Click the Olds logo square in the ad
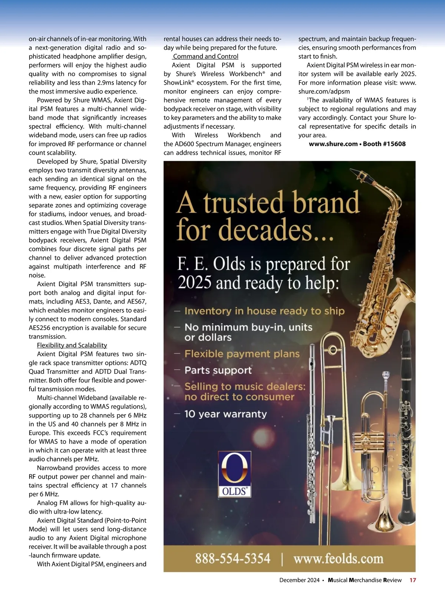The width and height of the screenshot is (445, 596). point(234,474)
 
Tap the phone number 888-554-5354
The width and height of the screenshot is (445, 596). point(233,559)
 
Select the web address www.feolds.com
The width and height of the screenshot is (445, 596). point(338,559)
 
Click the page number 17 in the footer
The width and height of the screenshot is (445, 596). point(413,580)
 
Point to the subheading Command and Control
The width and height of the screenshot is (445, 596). point(205,56)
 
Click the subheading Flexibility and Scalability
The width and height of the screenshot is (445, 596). point(72,345)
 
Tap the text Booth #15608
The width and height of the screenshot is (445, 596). point(384,144)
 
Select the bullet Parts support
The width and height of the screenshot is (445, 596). point(218,370)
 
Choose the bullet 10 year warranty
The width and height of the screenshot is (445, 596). point(225,414)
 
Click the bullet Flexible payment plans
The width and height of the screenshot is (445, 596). point(242,354)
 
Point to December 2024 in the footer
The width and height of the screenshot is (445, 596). point(299,580)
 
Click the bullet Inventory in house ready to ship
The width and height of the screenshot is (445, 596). point(264,311)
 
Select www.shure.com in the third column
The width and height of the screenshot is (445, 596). point(333,144)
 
